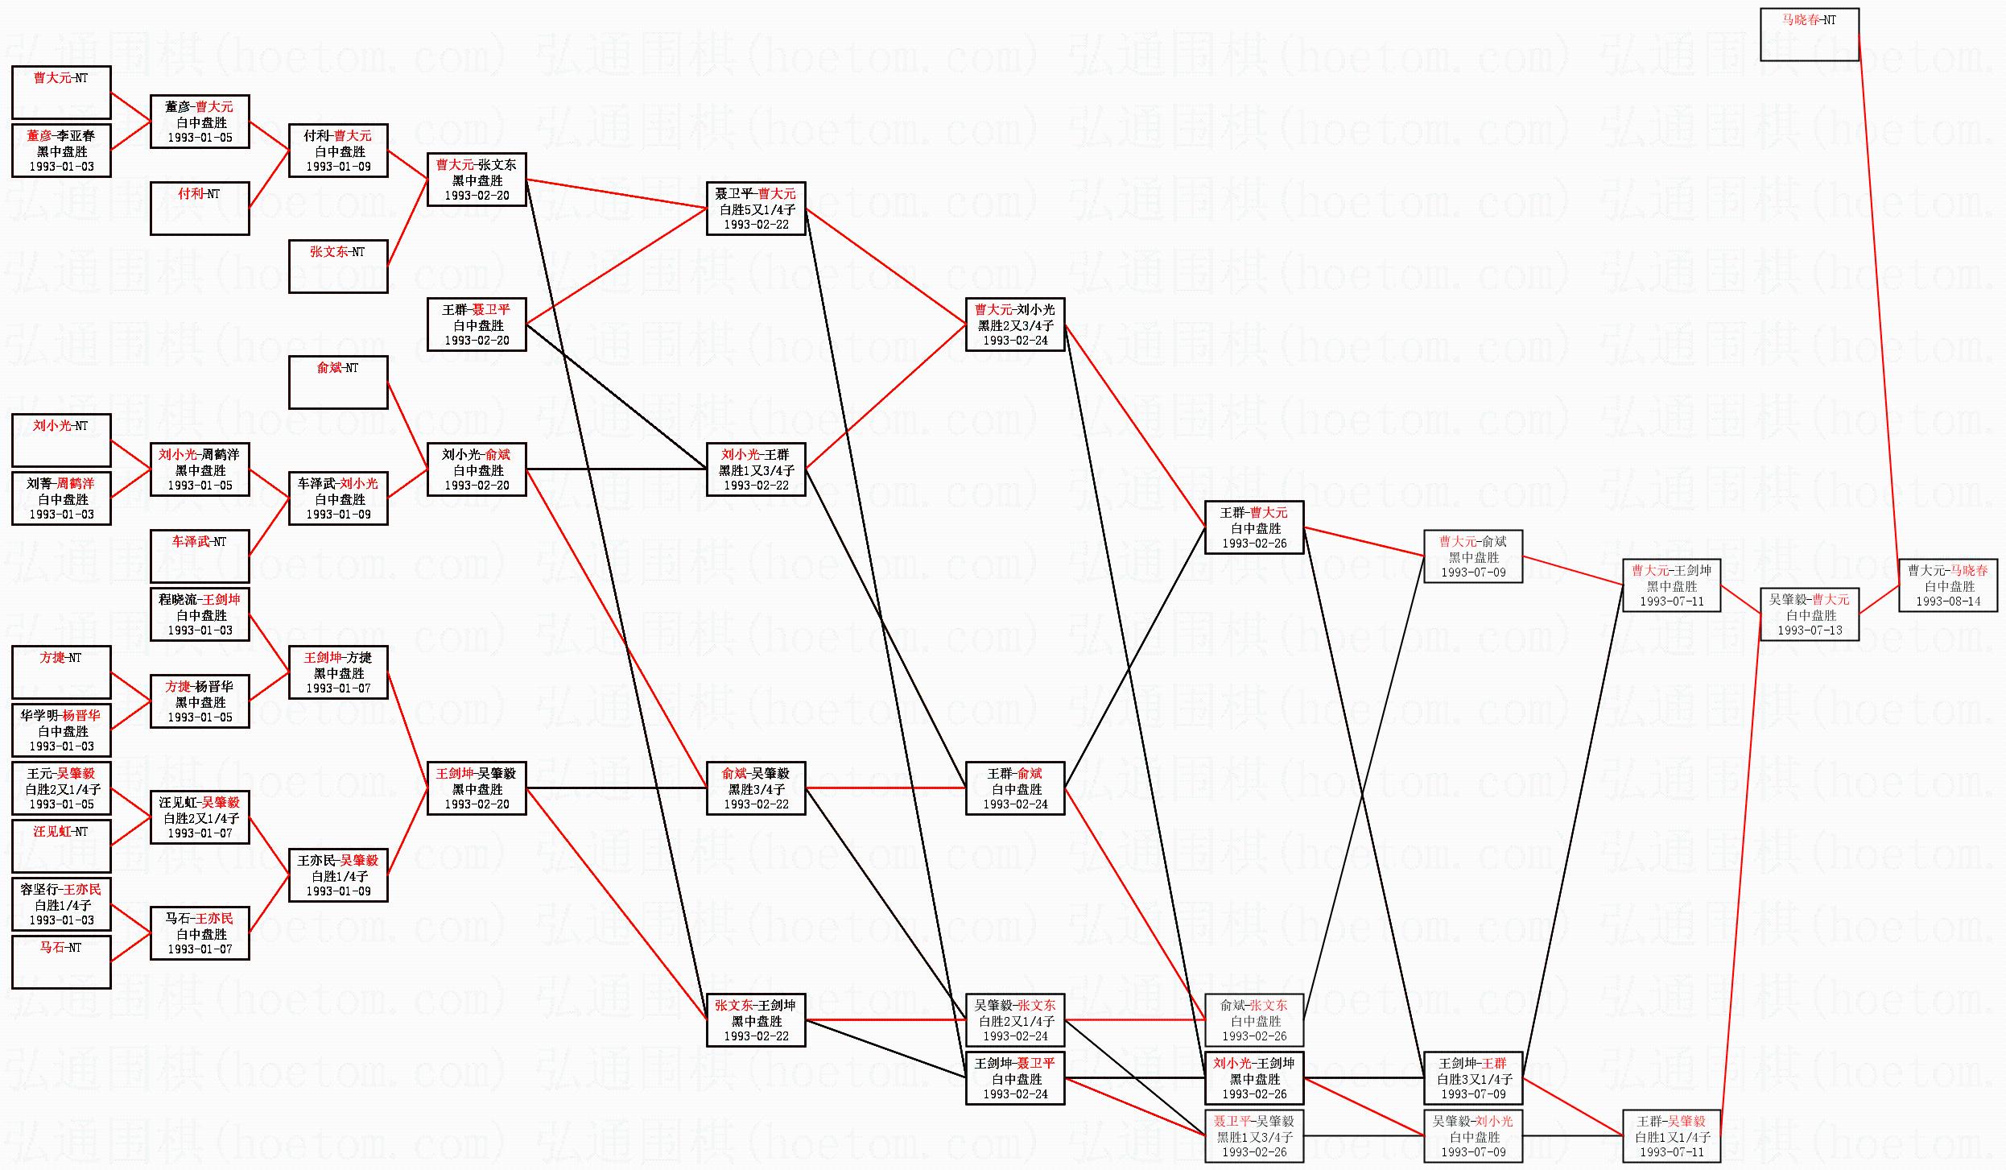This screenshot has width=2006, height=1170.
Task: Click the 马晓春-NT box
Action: tap(1809, 35)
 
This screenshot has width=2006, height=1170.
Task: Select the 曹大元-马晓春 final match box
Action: tap(1947, 585)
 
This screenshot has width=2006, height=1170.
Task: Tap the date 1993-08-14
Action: tap(1947, 602)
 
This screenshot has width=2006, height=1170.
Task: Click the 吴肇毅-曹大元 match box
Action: tap(1809, 614)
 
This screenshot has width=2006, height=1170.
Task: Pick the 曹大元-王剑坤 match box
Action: tap(1671, 585)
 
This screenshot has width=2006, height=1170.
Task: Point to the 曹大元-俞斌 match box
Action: tap(1472, 556)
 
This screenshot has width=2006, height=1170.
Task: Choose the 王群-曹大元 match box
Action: tap(1253, 527)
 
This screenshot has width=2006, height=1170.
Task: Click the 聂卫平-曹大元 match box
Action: tap(755, 209)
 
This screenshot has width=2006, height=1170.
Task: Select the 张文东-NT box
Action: tap(337, 267)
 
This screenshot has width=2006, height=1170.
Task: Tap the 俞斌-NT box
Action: tap(337, 382)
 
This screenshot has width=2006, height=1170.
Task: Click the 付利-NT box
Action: tap(199, 209)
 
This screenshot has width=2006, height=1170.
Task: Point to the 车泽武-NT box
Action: tap(199, 556)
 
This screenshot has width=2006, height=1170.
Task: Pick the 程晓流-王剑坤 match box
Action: tap(199, 614)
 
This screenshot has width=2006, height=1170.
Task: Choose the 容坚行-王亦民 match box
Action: tap(61, 904)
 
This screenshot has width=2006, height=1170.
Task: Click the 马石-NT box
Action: tap(61, 962)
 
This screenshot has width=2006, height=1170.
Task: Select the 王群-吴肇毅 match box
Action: tap(1671, 1136)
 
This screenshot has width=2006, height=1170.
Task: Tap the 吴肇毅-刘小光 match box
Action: tap(1472, 1136)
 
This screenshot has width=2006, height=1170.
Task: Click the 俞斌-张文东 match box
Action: tap(1253, 1020)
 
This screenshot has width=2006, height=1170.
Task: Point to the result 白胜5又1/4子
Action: tap(757, 209)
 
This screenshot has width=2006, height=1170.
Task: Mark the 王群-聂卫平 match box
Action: tap(476, 325)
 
